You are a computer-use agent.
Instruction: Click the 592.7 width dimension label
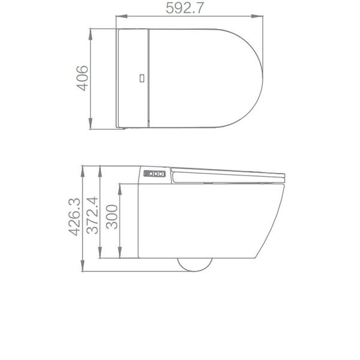[x=190, y=9]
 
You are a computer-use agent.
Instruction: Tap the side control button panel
[x=154, y=174]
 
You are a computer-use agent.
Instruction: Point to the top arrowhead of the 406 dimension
[x=91, y=30]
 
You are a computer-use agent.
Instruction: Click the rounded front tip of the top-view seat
[x=263, y=78]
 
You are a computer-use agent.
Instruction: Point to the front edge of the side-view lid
[x=283, y=175]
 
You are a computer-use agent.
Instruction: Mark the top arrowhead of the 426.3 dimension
[x=82, y=166]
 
